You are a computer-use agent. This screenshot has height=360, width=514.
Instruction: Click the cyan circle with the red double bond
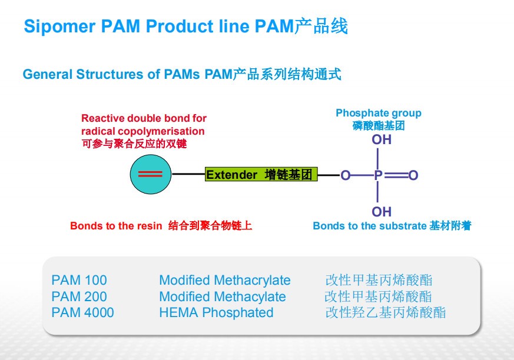[x=150, y=175]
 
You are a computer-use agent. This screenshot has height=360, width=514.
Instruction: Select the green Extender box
[x=261, y=175]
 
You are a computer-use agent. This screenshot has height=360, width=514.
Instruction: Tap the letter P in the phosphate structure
[x=378, y=175]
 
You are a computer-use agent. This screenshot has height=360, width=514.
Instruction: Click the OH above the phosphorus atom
[x=382, y=140]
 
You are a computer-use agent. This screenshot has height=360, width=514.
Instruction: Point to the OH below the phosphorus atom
[x=382, y=212]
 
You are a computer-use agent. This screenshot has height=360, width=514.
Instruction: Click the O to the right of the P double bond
[x=413, y=175]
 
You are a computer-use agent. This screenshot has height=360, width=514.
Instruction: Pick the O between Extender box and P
[x=346, y=175]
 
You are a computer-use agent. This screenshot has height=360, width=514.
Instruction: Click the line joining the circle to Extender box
[x=188, y=175]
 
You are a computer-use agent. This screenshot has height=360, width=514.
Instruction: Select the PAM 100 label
[x=79, y=281]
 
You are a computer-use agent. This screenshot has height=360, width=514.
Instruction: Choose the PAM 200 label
[x=79, y=296]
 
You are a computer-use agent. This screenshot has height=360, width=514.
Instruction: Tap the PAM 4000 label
[x=83, y=313]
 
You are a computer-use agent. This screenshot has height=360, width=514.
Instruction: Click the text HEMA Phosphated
[x=216, y=313]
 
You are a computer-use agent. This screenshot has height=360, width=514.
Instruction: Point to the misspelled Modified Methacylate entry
[x=223, y=296]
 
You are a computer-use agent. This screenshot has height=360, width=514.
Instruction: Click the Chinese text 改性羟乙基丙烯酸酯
[x=386, y=313]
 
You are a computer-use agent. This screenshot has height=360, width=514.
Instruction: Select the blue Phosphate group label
[x=379, y=113]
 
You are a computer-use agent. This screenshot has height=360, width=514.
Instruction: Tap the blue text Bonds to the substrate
[x=369, y=226]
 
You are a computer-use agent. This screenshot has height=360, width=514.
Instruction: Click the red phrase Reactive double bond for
[x=144, y=118]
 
